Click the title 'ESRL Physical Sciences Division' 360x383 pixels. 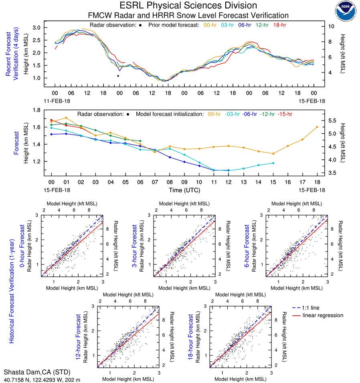(188, 6)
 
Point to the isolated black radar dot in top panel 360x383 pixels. (118, 76)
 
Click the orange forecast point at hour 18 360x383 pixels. (317, 127)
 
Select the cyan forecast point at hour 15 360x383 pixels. (273, 163)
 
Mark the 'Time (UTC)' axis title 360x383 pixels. (184, 190)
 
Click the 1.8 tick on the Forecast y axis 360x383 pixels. (36, 110)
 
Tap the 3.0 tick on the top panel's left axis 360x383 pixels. (36, 27)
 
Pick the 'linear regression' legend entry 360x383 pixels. (323, 315)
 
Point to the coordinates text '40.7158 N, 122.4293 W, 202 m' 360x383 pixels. (42, 379)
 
